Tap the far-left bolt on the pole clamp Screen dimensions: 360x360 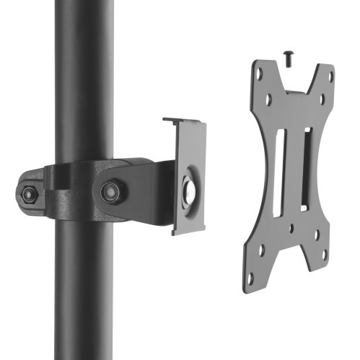point(28,194)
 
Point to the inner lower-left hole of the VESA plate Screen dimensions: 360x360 point(261,252)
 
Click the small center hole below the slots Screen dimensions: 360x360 point(291,229)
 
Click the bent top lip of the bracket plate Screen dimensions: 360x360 point(184,121)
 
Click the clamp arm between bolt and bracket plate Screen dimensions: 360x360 point(148,184)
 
